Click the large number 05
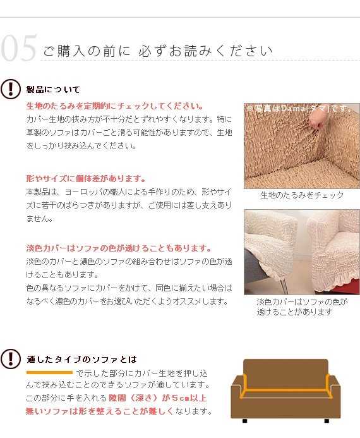[19, 50]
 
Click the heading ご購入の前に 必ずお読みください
[157, 51]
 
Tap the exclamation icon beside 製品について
[11, 89]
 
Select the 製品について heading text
[53, 90]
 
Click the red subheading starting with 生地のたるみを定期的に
[114, 106]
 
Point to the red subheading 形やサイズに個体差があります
[86, 178]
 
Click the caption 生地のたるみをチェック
[302, 195]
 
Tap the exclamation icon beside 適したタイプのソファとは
[11, 359]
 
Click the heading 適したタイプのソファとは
[82, 359]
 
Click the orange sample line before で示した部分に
[49, 372]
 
